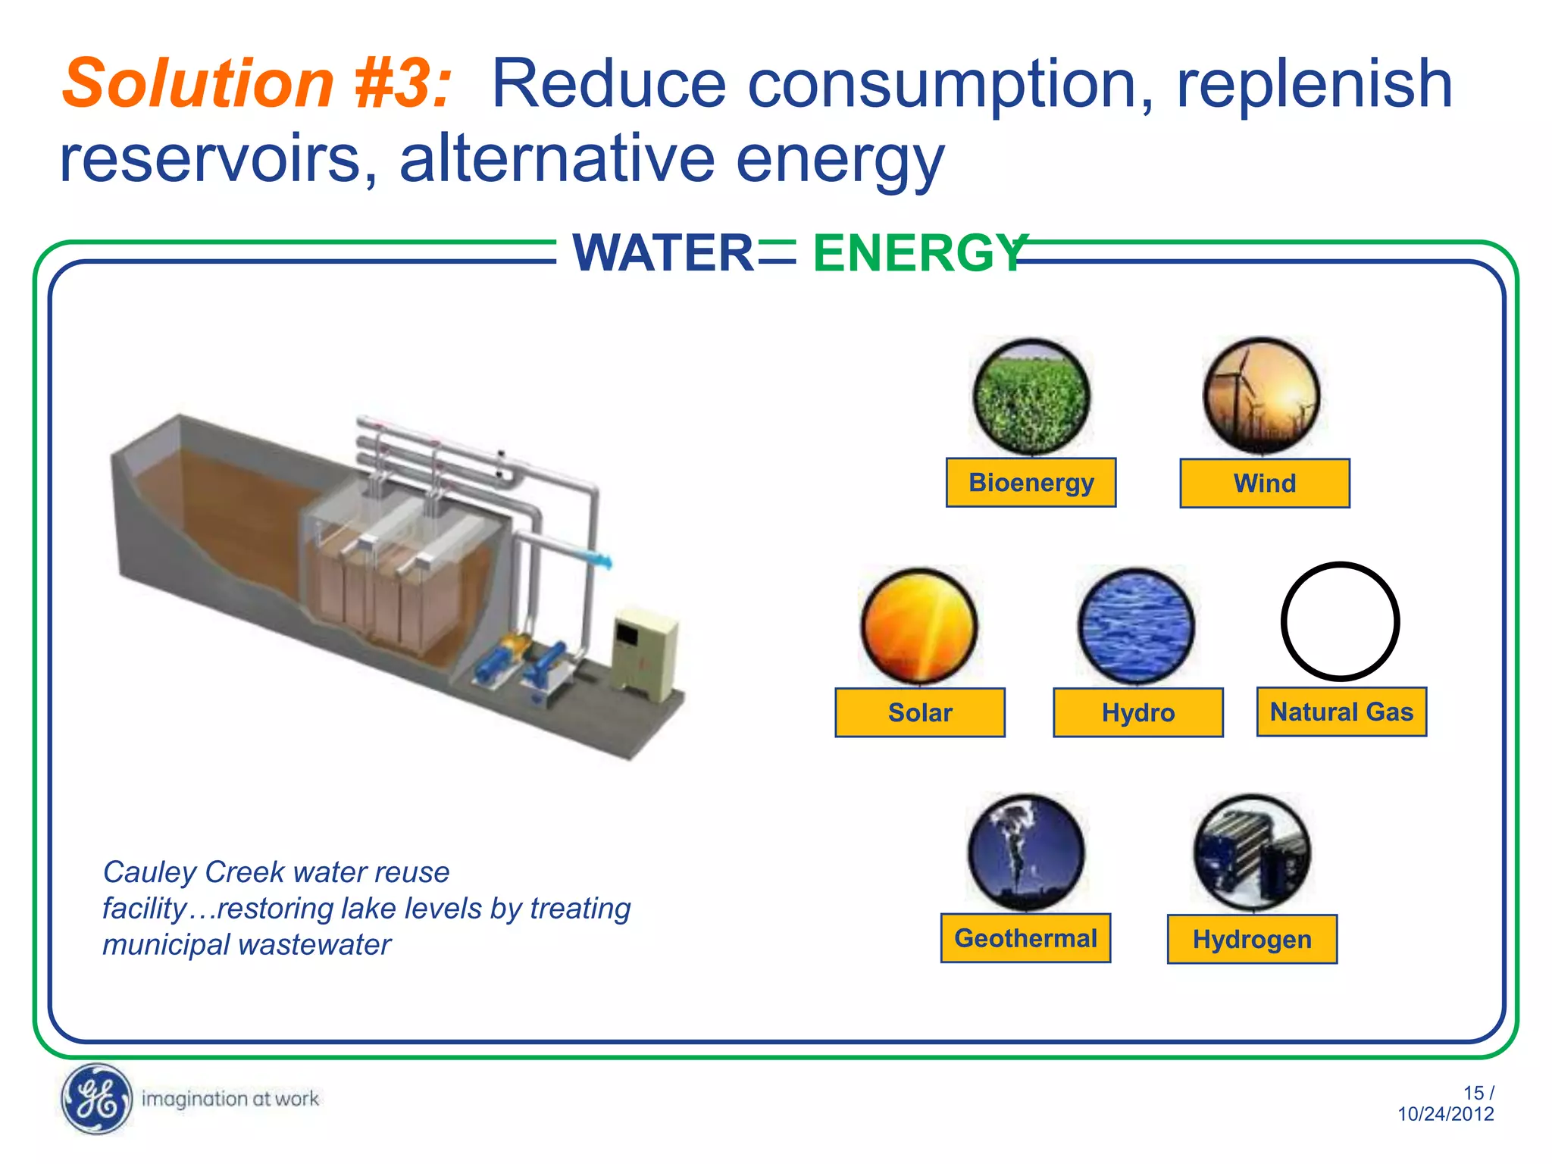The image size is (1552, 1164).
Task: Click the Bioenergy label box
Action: click(x=1031, y=483)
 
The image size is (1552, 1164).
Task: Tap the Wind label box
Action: click(x=1264, y=483)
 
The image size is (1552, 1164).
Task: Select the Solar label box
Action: click(x=919, y=712)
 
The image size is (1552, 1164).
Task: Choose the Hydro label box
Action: click(x=1137, y=712)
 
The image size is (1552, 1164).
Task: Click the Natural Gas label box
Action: click(x=1341, y=712)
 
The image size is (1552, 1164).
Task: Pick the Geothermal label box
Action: click(x=1025, y=938)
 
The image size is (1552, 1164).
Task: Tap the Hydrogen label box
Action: click(x=1252, y=940)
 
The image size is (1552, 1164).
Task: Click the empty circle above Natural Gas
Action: click(x=1340, y=621)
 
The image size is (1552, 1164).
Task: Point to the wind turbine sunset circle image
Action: click(x=1262, y=396)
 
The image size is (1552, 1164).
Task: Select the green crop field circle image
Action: click(x=1031, y=397)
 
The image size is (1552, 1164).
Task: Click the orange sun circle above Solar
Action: click(x=919, y=626)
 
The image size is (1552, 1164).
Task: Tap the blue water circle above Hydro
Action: click(x=1136, y=626)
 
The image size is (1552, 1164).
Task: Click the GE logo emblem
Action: click(x=95, y=1099)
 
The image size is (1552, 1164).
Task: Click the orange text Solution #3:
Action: click(x=256, y=83)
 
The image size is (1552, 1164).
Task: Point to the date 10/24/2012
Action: click(x=1445, y=1114)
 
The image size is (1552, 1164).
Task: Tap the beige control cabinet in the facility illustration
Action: click(x=644, y=652)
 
